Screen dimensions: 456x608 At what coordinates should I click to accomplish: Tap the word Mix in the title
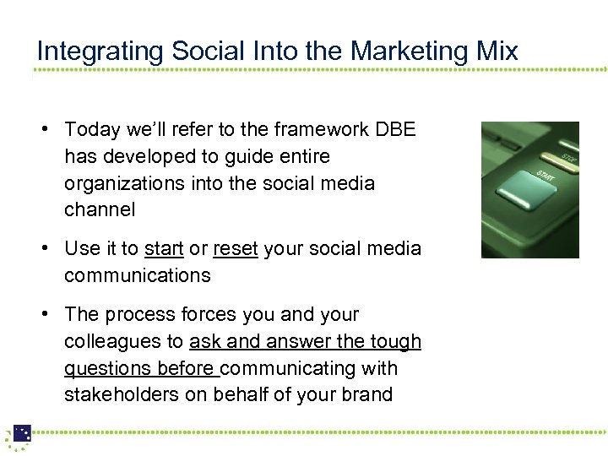tap(497, 51)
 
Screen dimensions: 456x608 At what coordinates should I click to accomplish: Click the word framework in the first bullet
tap(311, 130)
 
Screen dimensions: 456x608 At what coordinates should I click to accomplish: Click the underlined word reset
tap(236, 248)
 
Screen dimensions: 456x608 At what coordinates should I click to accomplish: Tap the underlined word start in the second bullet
tap(164, 248)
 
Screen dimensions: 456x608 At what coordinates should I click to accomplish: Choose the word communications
tap(138, 275)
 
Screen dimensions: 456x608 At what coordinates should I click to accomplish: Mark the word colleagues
tap(110, 342)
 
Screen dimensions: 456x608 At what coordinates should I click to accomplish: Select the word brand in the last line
tap(366, 395)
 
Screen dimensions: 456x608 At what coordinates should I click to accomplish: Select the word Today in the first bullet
tap(92, 130)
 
